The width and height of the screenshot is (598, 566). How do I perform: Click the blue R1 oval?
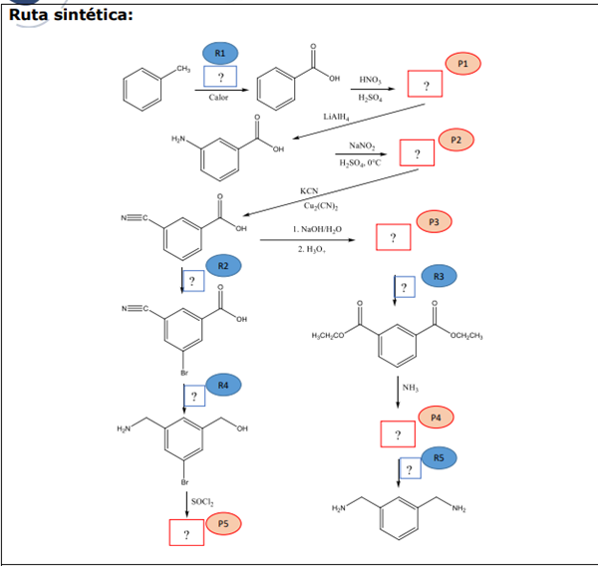[x=220, y=52]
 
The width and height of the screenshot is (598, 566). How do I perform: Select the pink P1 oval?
[x=463, y=63]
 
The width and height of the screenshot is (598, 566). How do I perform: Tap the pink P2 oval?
[x=454, y=140]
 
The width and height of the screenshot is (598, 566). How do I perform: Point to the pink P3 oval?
[x=434, y=220]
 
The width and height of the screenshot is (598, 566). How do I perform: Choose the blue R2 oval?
[x=223, y=265]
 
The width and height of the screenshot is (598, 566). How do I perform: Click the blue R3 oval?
[x=439, y=275]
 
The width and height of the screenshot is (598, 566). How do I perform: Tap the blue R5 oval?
[x=439, y=456]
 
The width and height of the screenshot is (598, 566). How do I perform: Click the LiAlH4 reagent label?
[x=336, y=117]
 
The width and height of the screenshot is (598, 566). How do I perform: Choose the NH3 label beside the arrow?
[x=410, y=387]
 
